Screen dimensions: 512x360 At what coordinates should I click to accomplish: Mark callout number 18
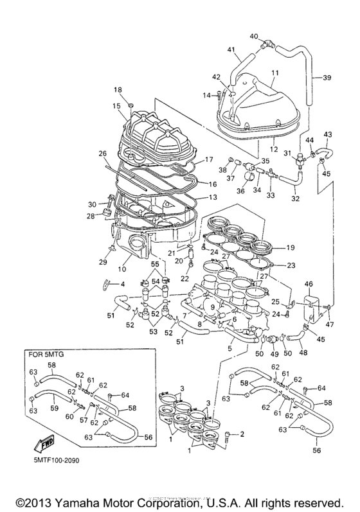(x=118, y=89)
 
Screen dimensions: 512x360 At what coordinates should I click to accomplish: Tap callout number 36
(x=242, y=190)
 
